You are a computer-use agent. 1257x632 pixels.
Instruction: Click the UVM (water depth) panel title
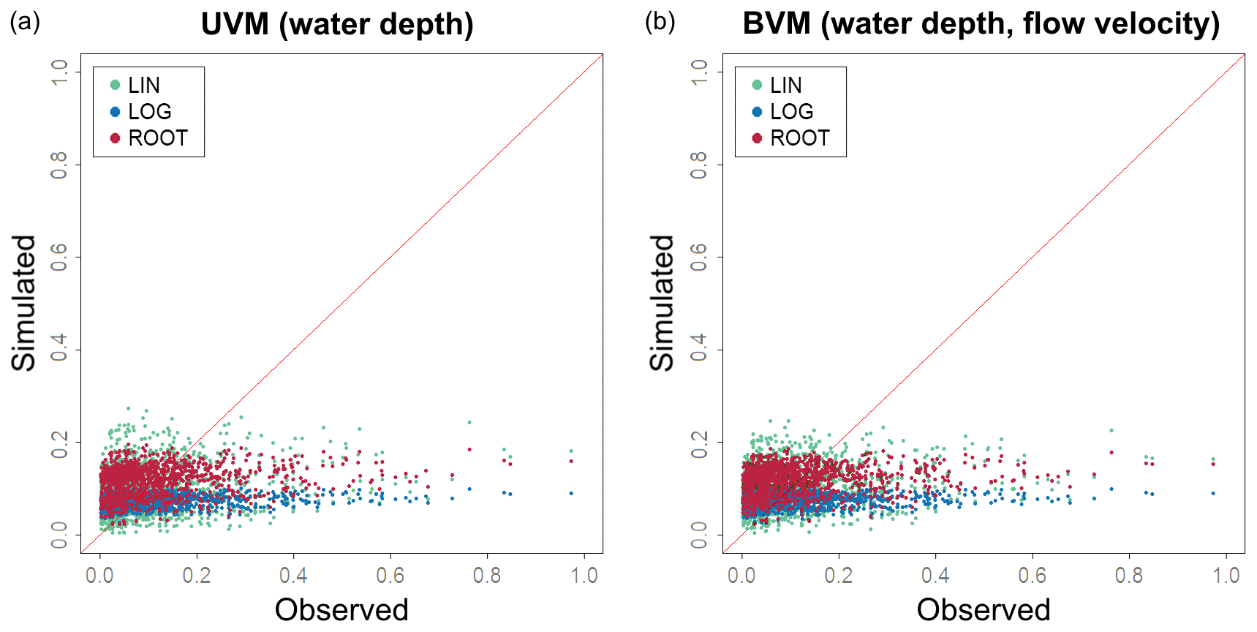click(337, 24)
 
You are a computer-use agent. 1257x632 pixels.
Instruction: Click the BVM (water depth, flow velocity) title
click(981, 23)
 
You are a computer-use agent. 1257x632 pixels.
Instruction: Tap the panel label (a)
click(25, 22)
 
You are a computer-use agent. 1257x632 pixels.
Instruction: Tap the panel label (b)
click(660, 22)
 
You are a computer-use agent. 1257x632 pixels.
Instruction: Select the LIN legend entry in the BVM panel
click(785, 86)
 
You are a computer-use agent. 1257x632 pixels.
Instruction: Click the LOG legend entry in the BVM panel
click(791, 112)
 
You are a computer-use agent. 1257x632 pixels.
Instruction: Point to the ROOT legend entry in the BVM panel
click(799, 138)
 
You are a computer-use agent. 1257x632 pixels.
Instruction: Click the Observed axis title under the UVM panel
click(341, 609)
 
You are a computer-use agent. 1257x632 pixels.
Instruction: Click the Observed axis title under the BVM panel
click(984, 609)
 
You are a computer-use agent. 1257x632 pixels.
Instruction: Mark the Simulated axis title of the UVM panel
click(24, 303)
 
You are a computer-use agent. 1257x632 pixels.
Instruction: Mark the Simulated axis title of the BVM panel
click(663, 303)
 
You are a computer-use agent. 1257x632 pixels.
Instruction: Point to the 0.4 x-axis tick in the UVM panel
click(293, 576)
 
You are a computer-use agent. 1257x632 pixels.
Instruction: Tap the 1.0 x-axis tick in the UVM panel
click(584, 576)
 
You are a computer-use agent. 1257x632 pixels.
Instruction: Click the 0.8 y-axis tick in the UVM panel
click(59, 165)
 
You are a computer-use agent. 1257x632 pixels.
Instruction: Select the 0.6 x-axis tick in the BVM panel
click(1032, 576)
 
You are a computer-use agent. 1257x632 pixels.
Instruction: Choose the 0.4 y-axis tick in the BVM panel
click(700, 349)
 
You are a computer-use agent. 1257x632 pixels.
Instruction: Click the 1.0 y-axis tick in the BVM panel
click(700, 72)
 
